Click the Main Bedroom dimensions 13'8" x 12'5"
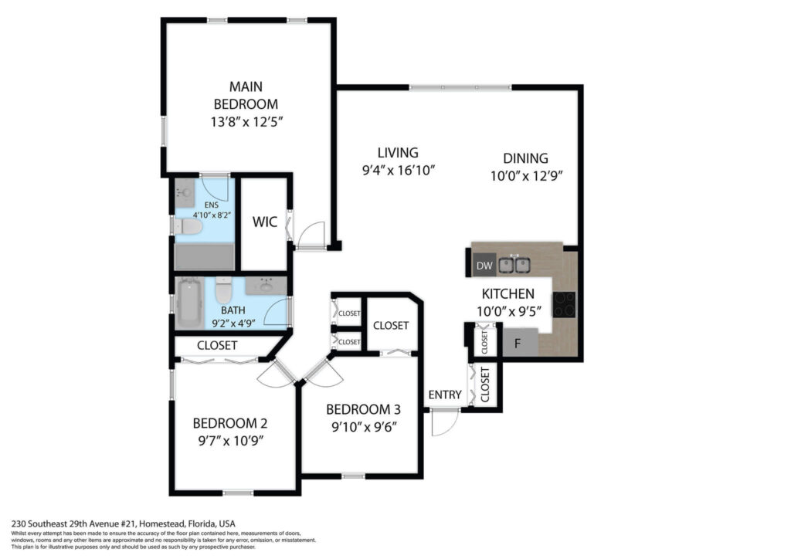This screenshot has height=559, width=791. tap(246, 122)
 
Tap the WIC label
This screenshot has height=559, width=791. tap(265, 222)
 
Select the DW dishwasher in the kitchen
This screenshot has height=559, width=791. tap(484, 266)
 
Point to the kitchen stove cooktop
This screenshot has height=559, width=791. tap(564, 304)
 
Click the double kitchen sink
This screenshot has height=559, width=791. tap(514, 265)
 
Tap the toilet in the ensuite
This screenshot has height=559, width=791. tap(188, 226)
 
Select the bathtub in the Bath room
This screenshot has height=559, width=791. tap(190, 303)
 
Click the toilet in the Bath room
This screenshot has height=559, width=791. tap(223, 290)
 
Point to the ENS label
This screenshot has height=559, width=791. tap(212, 205)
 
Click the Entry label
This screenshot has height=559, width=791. tap(445, 395)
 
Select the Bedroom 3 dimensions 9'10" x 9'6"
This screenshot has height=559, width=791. tap(365, 427)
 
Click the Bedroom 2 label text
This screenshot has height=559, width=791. tap(230, 423)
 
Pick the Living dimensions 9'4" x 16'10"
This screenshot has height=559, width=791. tap(399, 171)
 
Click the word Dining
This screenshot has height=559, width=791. tap(525, 158)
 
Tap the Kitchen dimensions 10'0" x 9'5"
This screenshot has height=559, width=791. tap(509, 311)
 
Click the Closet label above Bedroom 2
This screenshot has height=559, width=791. tap(217, 345)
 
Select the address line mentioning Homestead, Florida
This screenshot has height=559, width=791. tap(123, 523)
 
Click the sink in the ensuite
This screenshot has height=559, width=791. tap(185, 192)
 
